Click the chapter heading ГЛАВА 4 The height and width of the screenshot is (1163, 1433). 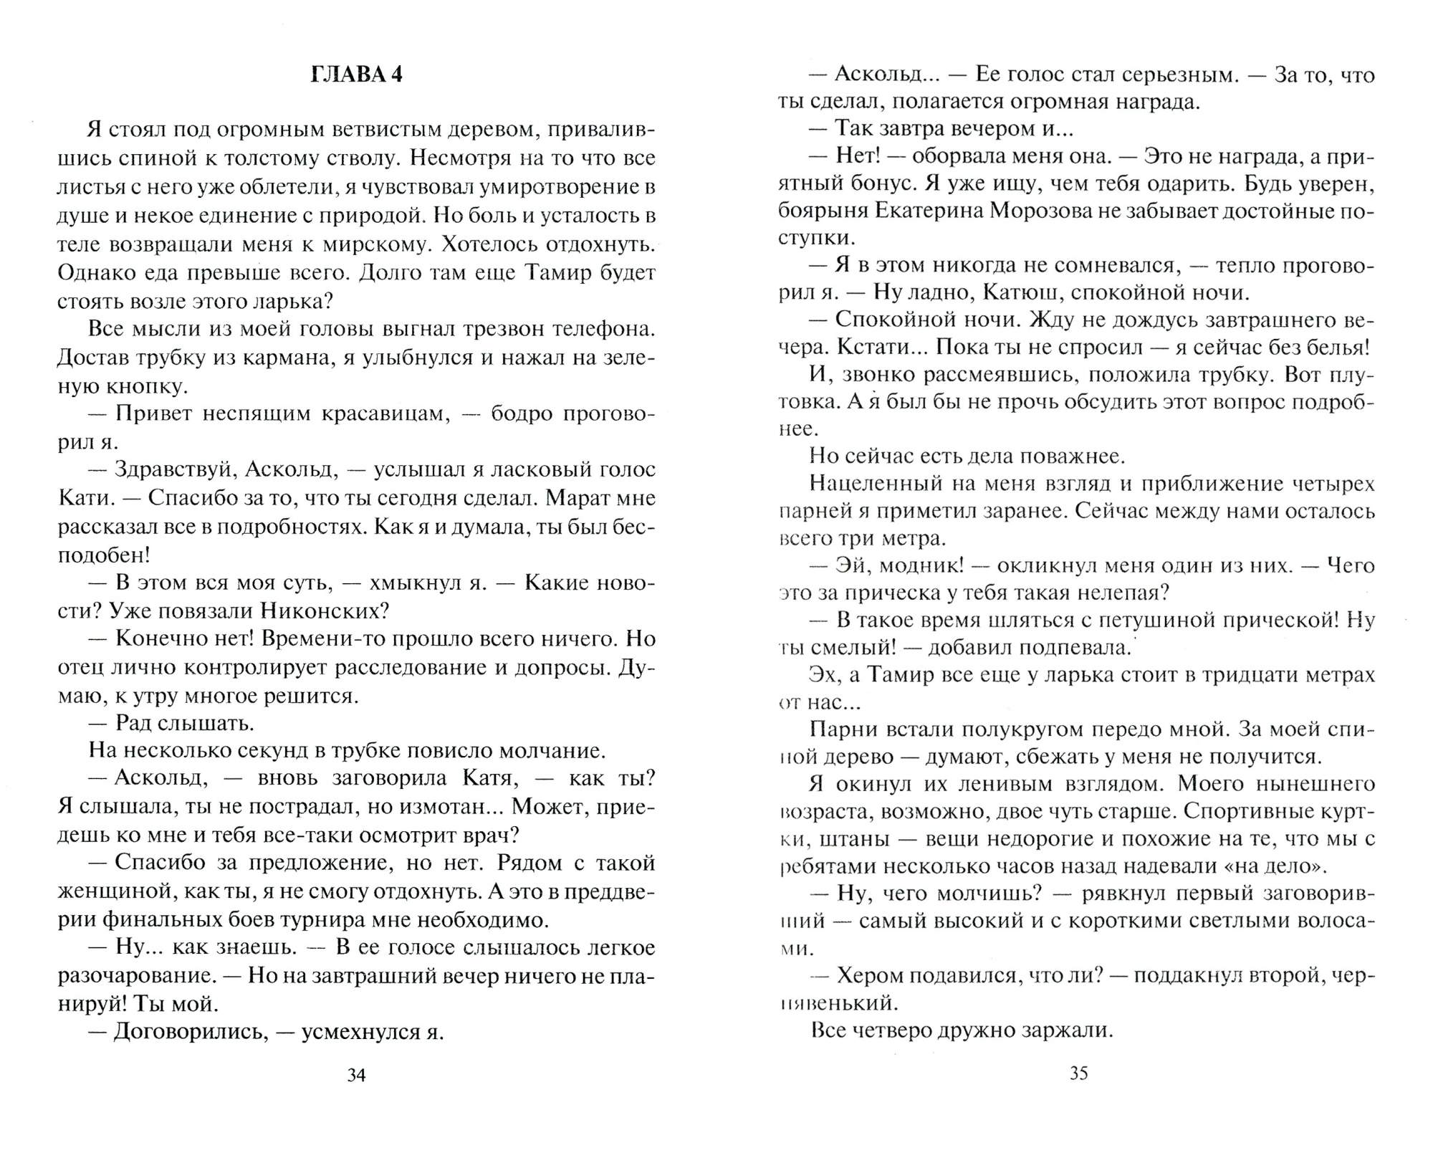[356, 75]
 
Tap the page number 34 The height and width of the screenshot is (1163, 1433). [356, 1075]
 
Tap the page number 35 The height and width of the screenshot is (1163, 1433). [1078, 1073]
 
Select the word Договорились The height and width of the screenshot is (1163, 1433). [190, 1032]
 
